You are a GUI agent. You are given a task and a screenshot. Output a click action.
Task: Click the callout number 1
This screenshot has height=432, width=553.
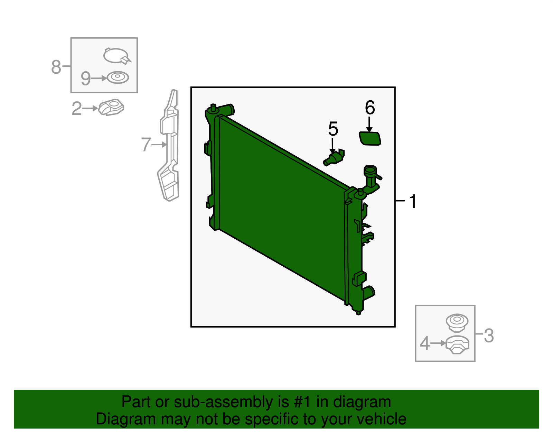point(413,201)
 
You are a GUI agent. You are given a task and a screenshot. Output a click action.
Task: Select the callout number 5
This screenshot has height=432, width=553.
point(333,129)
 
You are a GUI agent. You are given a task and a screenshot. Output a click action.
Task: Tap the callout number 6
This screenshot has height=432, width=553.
point(370,108)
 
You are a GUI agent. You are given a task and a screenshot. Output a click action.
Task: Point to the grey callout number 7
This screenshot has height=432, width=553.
point(146,144)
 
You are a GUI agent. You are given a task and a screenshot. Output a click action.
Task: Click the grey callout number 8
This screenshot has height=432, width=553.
point(56,67)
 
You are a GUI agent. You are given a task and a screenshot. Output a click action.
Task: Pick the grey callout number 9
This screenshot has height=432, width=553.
point(85,79)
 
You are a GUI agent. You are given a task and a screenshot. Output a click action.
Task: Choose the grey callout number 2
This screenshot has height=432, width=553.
point(77,109)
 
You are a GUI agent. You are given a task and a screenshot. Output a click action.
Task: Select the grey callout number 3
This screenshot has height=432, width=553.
point(489,336)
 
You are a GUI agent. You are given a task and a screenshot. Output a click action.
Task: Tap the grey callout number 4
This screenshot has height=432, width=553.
point(424,343)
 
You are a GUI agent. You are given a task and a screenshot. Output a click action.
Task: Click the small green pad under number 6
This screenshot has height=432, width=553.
point(370,138)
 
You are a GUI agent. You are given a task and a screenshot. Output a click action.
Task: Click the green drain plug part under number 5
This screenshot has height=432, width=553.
point(334,158)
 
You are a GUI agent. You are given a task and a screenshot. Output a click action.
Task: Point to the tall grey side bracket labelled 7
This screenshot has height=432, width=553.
point(168,145)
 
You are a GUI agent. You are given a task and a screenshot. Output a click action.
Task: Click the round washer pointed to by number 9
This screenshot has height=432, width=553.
point(118,77)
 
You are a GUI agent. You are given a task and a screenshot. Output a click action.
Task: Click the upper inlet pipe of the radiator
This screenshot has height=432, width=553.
point(226,110)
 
